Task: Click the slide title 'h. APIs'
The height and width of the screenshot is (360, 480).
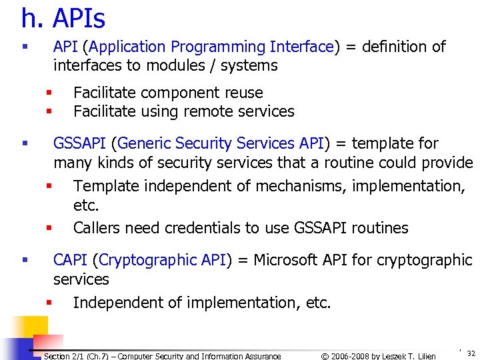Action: [63, 19]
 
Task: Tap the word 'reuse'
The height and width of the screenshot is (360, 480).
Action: [243, 93]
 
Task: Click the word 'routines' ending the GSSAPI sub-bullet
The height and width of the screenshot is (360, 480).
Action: [377, 228]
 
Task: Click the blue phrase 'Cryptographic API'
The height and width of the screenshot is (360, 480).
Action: [163, 260]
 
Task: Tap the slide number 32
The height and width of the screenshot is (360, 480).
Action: [471, 353]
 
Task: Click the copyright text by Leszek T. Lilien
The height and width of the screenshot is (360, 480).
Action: [378, 356]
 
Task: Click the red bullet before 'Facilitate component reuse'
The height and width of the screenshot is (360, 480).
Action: [49, 93]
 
